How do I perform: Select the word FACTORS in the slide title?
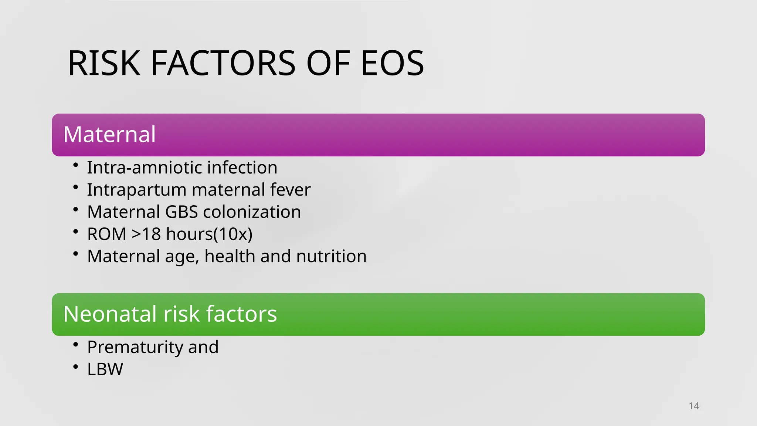pyautogui.click(x=223, y=64)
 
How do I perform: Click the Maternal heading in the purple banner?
pyautogui.click(x=109, y=134)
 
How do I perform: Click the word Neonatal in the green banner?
pyautogui.click(x=110, y=314)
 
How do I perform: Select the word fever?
pyautogui.click(x=290, y=190)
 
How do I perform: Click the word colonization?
pyautogui.click(x=252, y=212)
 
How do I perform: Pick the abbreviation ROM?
pyautogui.click(x=107, y=234)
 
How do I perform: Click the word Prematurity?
pyautogui.click(x=135, y=347)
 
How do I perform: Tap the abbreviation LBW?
pyautogui.click(x=105, y=369)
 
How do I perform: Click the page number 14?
pyautogui.click(x=694, y=406)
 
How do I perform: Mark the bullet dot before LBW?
pyautogui.click(x=76, y=367)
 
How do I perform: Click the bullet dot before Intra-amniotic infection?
pyautogui.click(x=76, y=165)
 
